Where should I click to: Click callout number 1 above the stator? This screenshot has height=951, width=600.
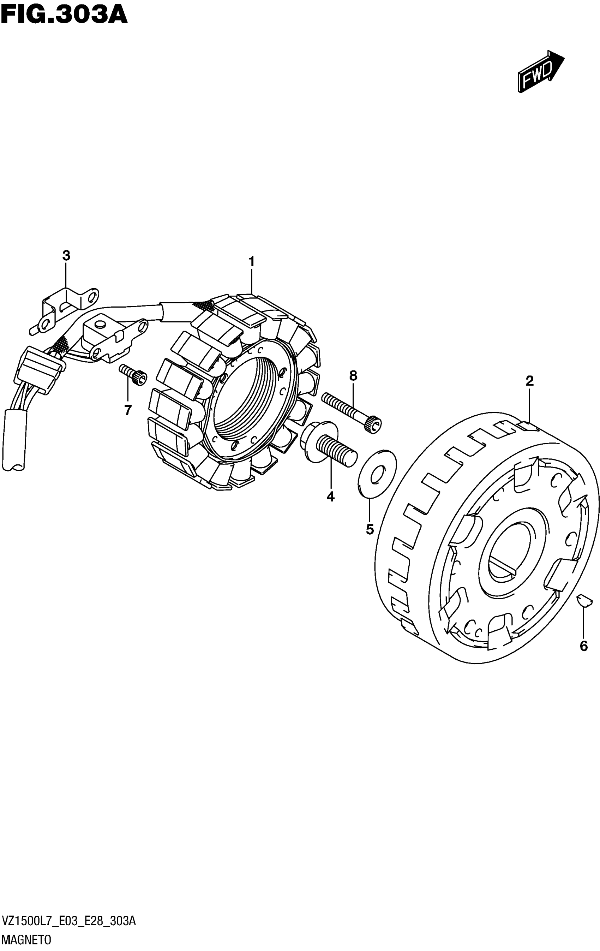pos(251,262)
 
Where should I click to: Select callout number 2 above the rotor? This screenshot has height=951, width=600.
pos(529,381)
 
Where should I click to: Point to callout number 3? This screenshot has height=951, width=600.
pos(66,256)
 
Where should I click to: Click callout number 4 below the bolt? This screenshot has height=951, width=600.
pos(330,497)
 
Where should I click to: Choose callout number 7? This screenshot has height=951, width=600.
pos(127,410)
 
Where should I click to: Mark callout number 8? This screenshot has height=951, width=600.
pos(353,376)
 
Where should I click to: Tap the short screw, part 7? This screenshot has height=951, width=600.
pos(133,374)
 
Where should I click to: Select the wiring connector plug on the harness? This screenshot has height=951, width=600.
pos(37,369)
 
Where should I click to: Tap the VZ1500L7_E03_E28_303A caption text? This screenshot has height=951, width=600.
pos(70,921)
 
